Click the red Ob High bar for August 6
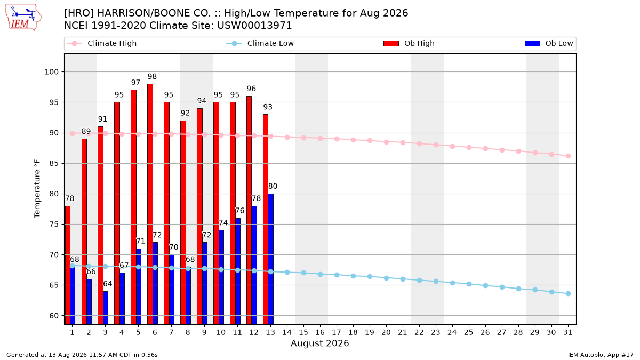[x=150, y=204]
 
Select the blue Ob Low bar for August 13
[x=270, y=259]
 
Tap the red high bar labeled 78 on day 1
[x=67, y=265]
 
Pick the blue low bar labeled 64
[x=106, y=308]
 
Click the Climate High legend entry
[x=102, y=43]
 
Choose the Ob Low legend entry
[x=549, y=43]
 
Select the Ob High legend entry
[x=409, y=43]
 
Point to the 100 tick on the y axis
[x=52, y=71]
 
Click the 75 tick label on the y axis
[x=54, y=225]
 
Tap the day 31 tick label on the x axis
[x=567, y=332]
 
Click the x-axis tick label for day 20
[x=386, y=332]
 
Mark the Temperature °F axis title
[x=37, y=189]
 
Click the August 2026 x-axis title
[x=319, y=343]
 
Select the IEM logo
[x=23, y=17]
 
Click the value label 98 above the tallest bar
[x=153, y=77]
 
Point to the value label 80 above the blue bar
[x=273, y=186]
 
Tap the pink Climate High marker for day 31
[x=569, y=156]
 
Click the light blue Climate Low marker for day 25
[x=469, y=284]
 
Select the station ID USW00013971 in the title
[x=254, y=26]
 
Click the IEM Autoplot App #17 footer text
[x=601, y=355]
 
